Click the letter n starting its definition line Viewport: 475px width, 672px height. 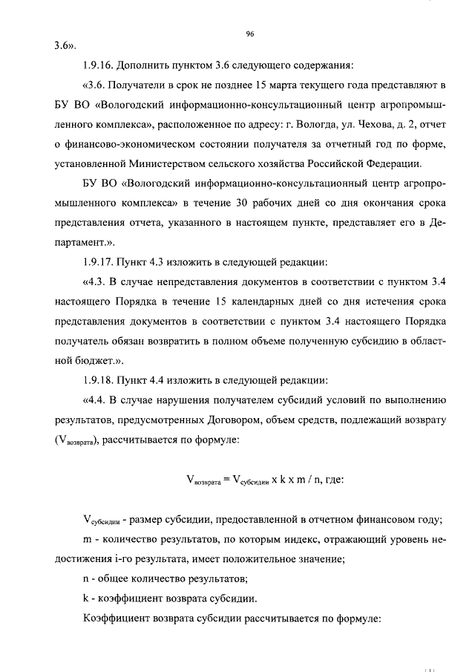click(x=86, y=578)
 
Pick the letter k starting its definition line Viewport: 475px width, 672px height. click(x=86, y=598)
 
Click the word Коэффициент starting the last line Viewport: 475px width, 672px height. click(x=115, y=618)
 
